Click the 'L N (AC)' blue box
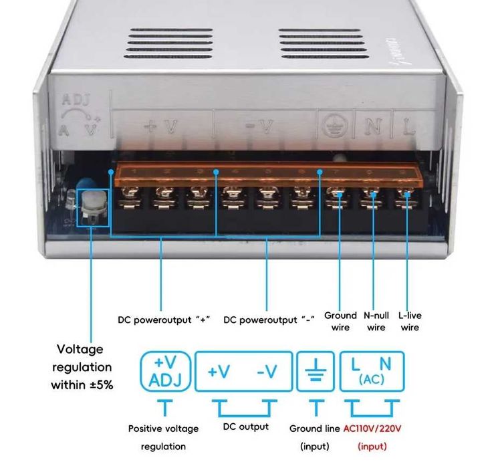pyautogui.click(x=372, y=371)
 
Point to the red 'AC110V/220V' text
pyautogui.click(x=372, y=428)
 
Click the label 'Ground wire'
pyautogui.click(x=340, y=322)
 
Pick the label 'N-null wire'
pyautogui.click(x=376, y=322)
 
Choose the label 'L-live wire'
pyautogui.click(x=409, y=322)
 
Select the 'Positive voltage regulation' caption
pyautogui.click(x=163, y=437)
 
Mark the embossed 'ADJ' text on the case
pyautogui.click(x=74, y=101)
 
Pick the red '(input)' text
pyautogui.click(x=372, y=446)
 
